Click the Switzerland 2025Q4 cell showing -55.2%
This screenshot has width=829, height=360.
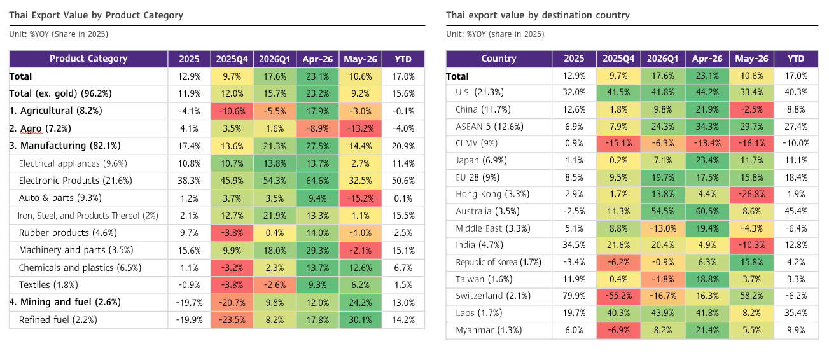[618, 296]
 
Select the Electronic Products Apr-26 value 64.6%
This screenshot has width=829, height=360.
[317, 181]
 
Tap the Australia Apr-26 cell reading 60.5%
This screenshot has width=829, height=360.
[707, 211]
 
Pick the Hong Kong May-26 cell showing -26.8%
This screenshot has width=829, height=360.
[751, 194]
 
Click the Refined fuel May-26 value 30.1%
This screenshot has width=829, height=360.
[360, 320]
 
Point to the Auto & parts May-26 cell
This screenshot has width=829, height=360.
[360, 198]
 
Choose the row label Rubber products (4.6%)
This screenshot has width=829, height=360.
[67, 233]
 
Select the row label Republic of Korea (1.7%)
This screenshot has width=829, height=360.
[498, 262]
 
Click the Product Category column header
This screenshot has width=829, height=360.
[88, 59]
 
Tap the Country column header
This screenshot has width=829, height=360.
[499, 59]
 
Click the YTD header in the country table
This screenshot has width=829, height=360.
[796, 59]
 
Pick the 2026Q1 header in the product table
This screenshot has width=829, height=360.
[274, 59]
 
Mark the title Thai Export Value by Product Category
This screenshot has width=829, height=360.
[96, 15]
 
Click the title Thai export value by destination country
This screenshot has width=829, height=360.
[538, 15]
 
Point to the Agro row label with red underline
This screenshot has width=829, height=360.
[40, 128]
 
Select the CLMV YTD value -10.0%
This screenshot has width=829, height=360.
[796, 143]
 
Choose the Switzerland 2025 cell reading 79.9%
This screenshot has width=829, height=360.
[574, 296]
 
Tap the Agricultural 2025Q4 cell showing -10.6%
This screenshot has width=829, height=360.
[232, 111]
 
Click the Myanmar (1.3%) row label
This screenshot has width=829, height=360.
[489, 330]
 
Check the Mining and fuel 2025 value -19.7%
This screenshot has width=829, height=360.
[189, 303]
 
